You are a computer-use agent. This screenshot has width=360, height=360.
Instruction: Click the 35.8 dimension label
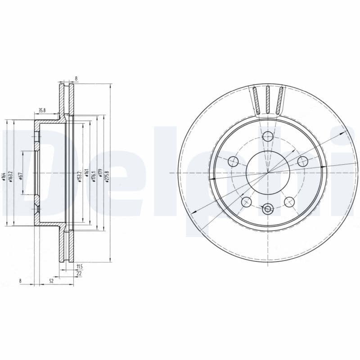[41, 109]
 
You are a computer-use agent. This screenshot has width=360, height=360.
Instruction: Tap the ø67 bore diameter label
[21, 176]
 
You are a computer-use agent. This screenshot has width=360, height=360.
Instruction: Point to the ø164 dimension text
[4, 177]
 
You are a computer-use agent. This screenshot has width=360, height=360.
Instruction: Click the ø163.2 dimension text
[10, 177]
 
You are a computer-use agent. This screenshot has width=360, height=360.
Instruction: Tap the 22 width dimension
[79, 273]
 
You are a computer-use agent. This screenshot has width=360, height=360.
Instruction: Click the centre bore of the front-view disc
[268, 172]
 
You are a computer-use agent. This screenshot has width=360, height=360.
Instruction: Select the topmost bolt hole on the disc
[268, 136]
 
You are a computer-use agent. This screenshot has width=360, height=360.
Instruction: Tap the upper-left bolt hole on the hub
[233, 161]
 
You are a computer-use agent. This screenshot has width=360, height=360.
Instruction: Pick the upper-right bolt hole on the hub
[302, 161]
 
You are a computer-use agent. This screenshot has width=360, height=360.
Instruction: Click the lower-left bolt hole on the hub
[246, 202]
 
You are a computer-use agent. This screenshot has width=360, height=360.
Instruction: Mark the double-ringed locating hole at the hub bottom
[268, 208]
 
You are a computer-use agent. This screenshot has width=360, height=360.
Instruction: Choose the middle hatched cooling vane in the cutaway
[268, 100]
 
